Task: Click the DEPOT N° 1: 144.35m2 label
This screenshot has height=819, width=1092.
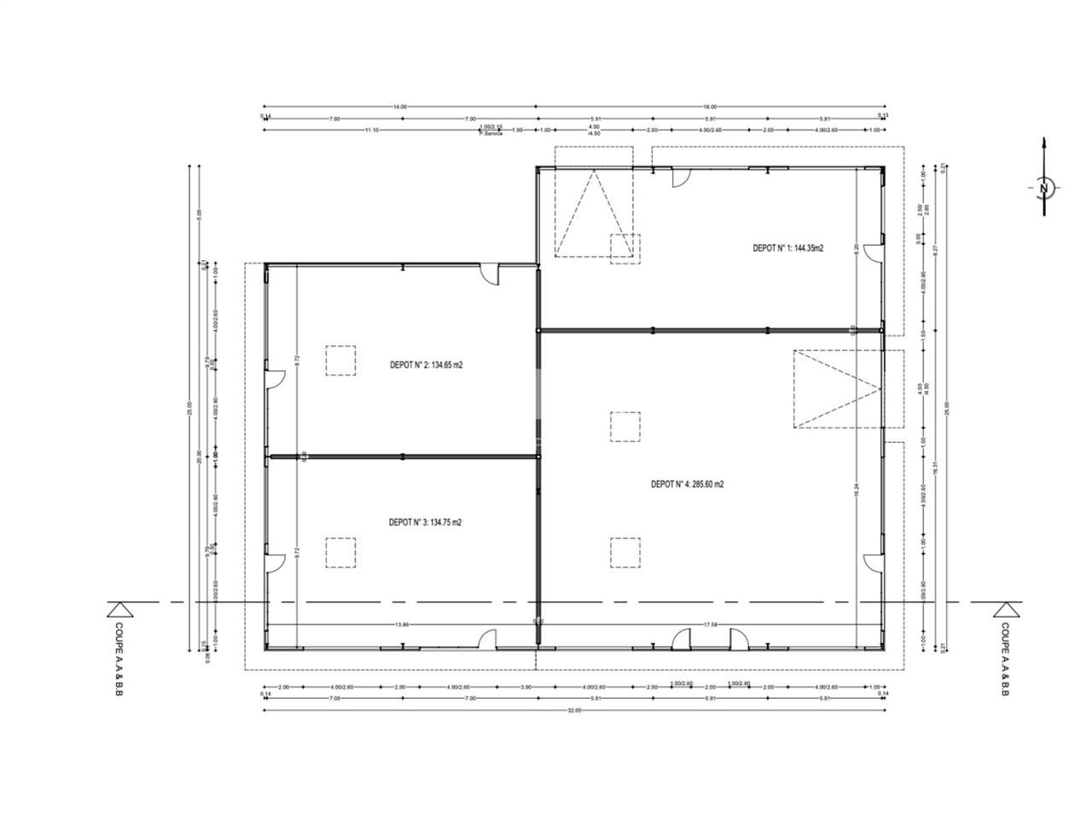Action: pyautogui.click(x=787, y=248)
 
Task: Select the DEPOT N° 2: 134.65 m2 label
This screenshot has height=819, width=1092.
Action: pyautogui.click(x=432, y=364)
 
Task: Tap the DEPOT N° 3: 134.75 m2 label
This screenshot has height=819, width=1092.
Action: pyautogui.click(x=425, y=522)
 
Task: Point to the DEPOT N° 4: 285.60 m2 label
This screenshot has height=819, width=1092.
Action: pyautogui.click(x=687, y=484)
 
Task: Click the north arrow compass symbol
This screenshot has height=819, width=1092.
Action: pyautogui.click(x=1044, y=188)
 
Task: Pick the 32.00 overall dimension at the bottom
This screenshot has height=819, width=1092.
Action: pyautogui.click(x=573, y=710)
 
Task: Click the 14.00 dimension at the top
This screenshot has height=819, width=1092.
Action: pyautogui.click(x=399, y=107)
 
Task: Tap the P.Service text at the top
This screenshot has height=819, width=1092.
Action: pyautogui.click(x=491, y=134)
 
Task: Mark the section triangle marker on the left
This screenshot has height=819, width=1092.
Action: pyautogui.click(x=119, y=608)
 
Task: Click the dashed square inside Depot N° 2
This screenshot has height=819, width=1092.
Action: pyautogui.click(x=340, y=360)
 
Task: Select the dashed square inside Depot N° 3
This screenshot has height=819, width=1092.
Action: pyautogui.click(x=340, y=552)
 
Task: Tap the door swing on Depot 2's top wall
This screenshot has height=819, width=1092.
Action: pyautogui.click(x=490, y=275)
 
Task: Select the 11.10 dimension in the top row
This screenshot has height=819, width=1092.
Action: pyautogui.click(x=371, y=131)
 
